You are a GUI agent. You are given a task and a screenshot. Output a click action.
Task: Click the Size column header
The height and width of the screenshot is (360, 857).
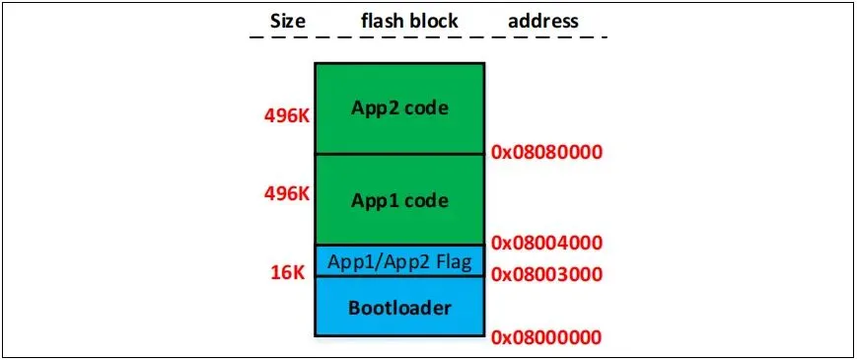(288, 21)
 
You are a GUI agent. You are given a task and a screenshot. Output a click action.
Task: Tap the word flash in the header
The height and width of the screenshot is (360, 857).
(380, 21)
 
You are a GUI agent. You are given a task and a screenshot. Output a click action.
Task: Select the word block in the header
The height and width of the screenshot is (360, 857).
(431, 21)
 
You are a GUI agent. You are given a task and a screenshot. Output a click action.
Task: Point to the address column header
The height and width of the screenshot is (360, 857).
(542, 21)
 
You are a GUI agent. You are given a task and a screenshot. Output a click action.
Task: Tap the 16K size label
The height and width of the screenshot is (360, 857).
(287, 272)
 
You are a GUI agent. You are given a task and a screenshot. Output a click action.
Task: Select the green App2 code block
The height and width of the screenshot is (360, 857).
(399, 108)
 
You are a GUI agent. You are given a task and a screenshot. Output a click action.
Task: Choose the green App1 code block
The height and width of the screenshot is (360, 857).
(399, 199)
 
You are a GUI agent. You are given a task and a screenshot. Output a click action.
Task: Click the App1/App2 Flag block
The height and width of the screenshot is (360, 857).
(399, 261)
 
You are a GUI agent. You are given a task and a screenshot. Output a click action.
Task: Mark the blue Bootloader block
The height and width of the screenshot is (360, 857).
(399, 306)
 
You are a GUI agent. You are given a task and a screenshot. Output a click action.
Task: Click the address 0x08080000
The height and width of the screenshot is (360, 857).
(546, 152)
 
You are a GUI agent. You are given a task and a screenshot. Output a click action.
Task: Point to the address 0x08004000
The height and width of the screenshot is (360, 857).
(546, 242)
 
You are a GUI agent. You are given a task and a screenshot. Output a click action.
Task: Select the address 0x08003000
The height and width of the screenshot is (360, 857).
(546, 274)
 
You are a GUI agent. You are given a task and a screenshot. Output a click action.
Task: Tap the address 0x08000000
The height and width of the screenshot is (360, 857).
(546, 337)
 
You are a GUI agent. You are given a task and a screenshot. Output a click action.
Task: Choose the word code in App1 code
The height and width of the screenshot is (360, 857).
(425, 200)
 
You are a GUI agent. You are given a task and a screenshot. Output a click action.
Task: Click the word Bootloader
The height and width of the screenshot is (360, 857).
(399, 308)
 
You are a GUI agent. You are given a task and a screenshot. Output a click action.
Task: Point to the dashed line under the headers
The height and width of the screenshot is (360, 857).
(428, 37)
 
